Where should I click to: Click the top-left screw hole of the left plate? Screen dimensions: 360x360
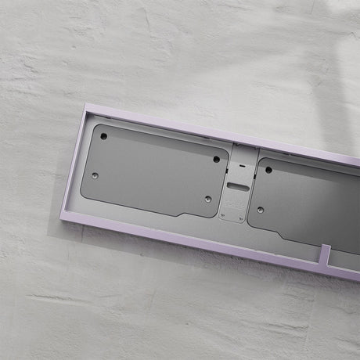point(103,137)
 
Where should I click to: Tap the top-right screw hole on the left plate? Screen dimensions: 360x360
point(217,159)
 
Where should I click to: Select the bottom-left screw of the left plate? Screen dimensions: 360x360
point(95,176)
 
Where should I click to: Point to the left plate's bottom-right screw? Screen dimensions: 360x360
point(207,199)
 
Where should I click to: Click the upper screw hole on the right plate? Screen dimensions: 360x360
point(268,170)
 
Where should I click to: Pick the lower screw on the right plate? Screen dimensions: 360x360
point(259,209)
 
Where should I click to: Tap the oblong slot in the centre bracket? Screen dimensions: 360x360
point(236,186)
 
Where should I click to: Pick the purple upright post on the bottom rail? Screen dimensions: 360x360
point(325,254)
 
